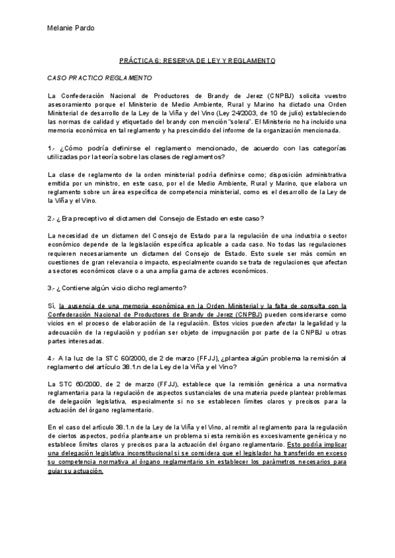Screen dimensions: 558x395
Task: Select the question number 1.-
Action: [51, 147]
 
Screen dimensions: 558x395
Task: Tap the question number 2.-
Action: [52, 218]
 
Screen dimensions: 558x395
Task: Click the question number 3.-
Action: [52, 288]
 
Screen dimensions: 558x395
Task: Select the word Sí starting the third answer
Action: [51, 305]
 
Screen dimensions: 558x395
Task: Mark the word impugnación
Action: [251, 331]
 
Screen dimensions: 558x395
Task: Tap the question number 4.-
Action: [52, 357]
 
